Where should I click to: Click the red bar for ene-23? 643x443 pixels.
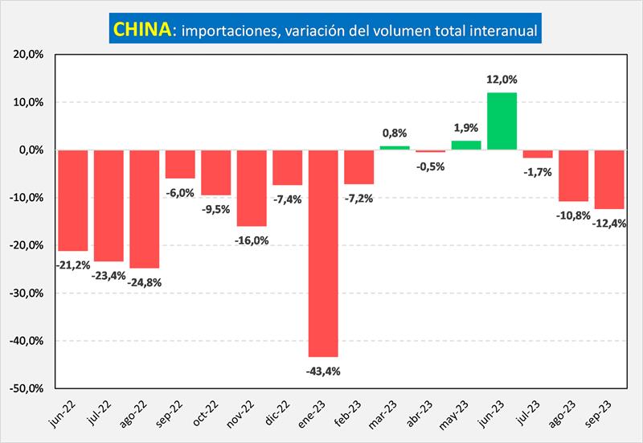(x=322, y=253)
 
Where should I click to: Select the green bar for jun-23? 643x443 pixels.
(x=502, y=121)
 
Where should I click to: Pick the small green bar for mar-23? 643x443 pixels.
(x=395, y=148)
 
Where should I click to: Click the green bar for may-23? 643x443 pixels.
(x=466, y=146)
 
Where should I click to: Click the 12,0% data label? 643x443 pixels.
(x=502, y=80)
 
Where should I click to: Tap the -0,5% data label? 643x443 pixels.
(x=431, y=166)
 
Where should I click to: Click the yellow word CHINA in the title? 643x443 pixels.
(x=142, y=30)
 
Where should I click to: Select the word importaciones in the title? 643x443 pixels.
(x=228, y=31)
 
